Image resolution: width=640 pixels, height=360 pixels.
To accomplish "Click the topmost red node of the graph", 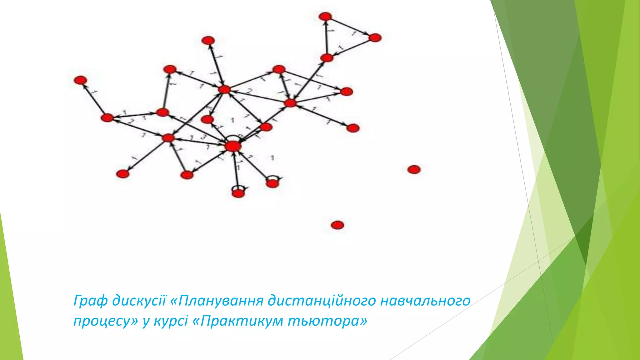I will click(x=326, y=16).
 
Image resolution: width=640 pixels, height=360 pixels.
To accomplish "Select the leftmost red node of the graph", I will click(x=80, y=80).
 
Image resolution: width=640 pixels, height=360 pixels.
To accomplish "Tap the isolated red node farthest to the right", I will click(x=414, y=169).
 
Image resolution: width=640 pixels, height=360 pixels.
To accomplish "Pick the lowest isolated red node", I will click(x=337, y=225).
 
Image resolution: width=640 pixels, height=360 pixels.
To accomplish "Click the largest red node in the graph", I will click(x=233, y=146).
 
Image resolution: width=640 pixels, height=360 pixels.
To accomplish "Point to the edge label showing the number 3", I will click(x=203, y=137).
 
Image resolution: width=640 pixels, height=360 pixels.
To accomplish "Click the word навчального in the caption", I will click(x=426, y=301).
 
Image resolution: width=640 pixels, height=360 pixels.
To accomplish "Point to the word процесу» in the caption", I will click(x=106, y=321).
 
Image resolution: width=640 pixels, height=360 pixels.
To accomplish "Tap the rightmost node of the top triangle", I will click(x=375, y=38).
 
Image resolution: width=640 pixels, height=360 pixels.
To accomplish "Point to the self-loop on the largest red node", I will click(x=233, y=137).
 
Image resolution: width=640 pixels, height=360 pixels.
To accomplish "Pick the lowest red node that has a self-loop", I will click(x=238, y=193).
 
